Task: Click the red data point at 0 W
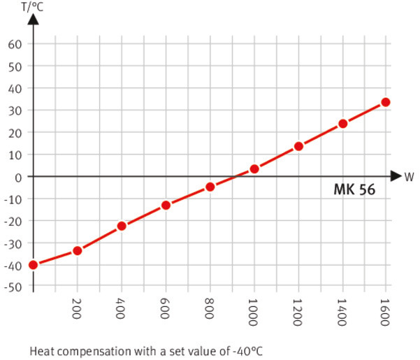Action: pos(32,265)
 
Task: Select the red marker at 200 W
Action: pos(77,250)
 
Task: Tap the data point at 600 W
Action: pos(166,205)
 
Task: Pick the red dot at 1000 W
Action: pos(254,169)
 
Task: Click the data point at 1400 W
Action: pos(342,124)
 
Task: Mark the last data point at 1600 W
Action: pos(386,102)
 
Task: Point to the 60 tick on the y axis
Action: pos(15,44)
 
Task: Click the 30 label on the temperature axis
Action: pos(15,110)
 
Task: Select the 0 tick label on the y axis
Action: pos(19,177)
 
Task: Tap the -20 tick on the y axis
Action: pos(13,221)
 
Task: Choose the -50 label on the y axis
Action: pos(13,287)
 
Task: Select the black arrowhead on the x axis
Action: pos(396,176)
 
